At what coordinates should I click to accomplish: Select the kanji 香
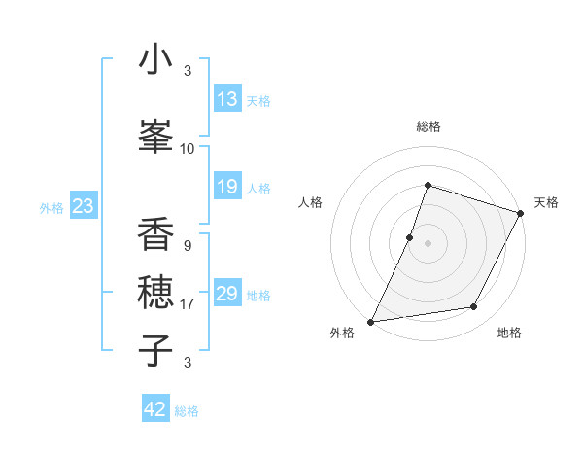(155, 234)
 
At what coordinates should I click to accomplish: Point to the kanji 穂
(155, 292)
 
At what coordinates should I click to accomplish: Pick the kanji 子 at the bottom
(155, 349)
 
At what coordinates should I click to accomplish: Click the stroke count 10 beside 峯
(188, 149)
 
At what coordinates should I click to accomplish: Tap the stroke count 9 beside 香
(187, 246)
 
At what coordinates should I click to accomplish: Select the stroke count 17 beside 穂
(188, 304)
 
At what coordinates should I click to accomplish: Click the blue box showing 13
(226, 99)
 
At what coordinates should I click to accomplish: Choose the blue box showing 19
(226, 187)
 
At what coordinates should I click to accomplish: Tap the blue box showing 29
(226, 294)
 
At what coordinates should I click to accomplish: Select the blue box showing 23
(83, 206)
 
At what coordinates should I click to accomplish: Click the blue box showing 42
(155, 409)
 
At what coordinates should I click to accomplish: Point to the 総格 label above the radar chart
(429, 126)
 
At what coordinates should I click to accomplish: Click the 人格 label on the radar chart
(311, 202)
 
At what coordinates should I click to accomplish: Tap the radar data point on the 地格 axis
(474, 307)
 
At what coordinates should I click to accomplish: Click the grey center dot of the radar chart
(428, 243)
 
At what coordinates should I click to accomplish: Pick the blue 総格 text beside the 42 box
(187, 411)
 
